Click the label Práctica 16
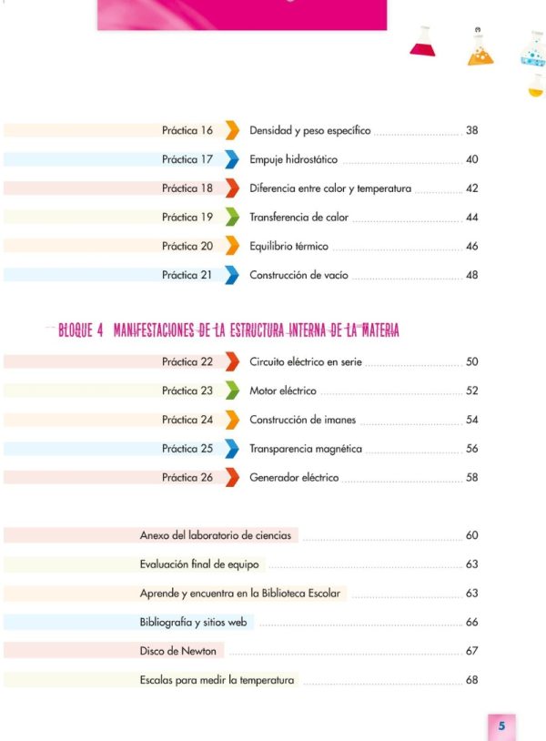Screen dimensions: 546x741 click(187, 130)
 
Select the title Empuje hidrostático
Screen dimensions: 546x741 click(293, 159)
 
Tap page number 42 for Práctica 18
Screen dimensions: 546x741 click(472, 188)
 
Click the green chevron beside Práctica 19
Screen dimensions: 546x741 click(232, 217)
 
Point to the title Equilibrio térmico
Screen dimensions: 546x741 click(288, 246)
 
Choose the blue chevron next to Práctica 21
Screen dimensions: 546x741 click(232, 275)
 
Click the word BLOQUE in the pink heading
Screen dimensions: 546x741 click(76, 330)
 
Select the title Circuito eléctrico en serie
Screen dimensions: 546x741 click(306, 362)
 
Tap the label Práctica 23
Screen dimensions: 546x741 click(187, 391)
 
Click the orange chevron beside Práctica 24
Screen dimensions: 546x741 click(232, 420)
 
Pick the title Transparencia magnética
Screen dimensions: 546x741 click(306, 449)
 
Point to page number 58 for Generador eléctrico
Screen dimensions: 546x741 click(472, 477)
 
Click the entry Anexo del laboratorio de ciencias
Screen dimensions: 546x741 click(216, 535)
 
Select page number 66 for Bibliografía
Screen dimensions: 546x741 click(472, 622)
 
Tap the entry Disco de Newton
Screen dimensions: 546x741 click(178, 651)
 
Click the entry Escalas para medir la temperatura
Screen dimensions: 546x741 click(217, 680)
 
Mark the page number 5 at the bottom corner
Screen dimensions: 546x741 click(501, 726)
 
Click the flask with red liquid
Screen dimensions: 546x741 click(422, 42)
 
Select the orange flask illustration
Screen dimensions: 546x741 click(480, 47)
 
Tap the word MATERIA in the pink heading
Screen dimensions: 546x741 click(380, 330)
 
